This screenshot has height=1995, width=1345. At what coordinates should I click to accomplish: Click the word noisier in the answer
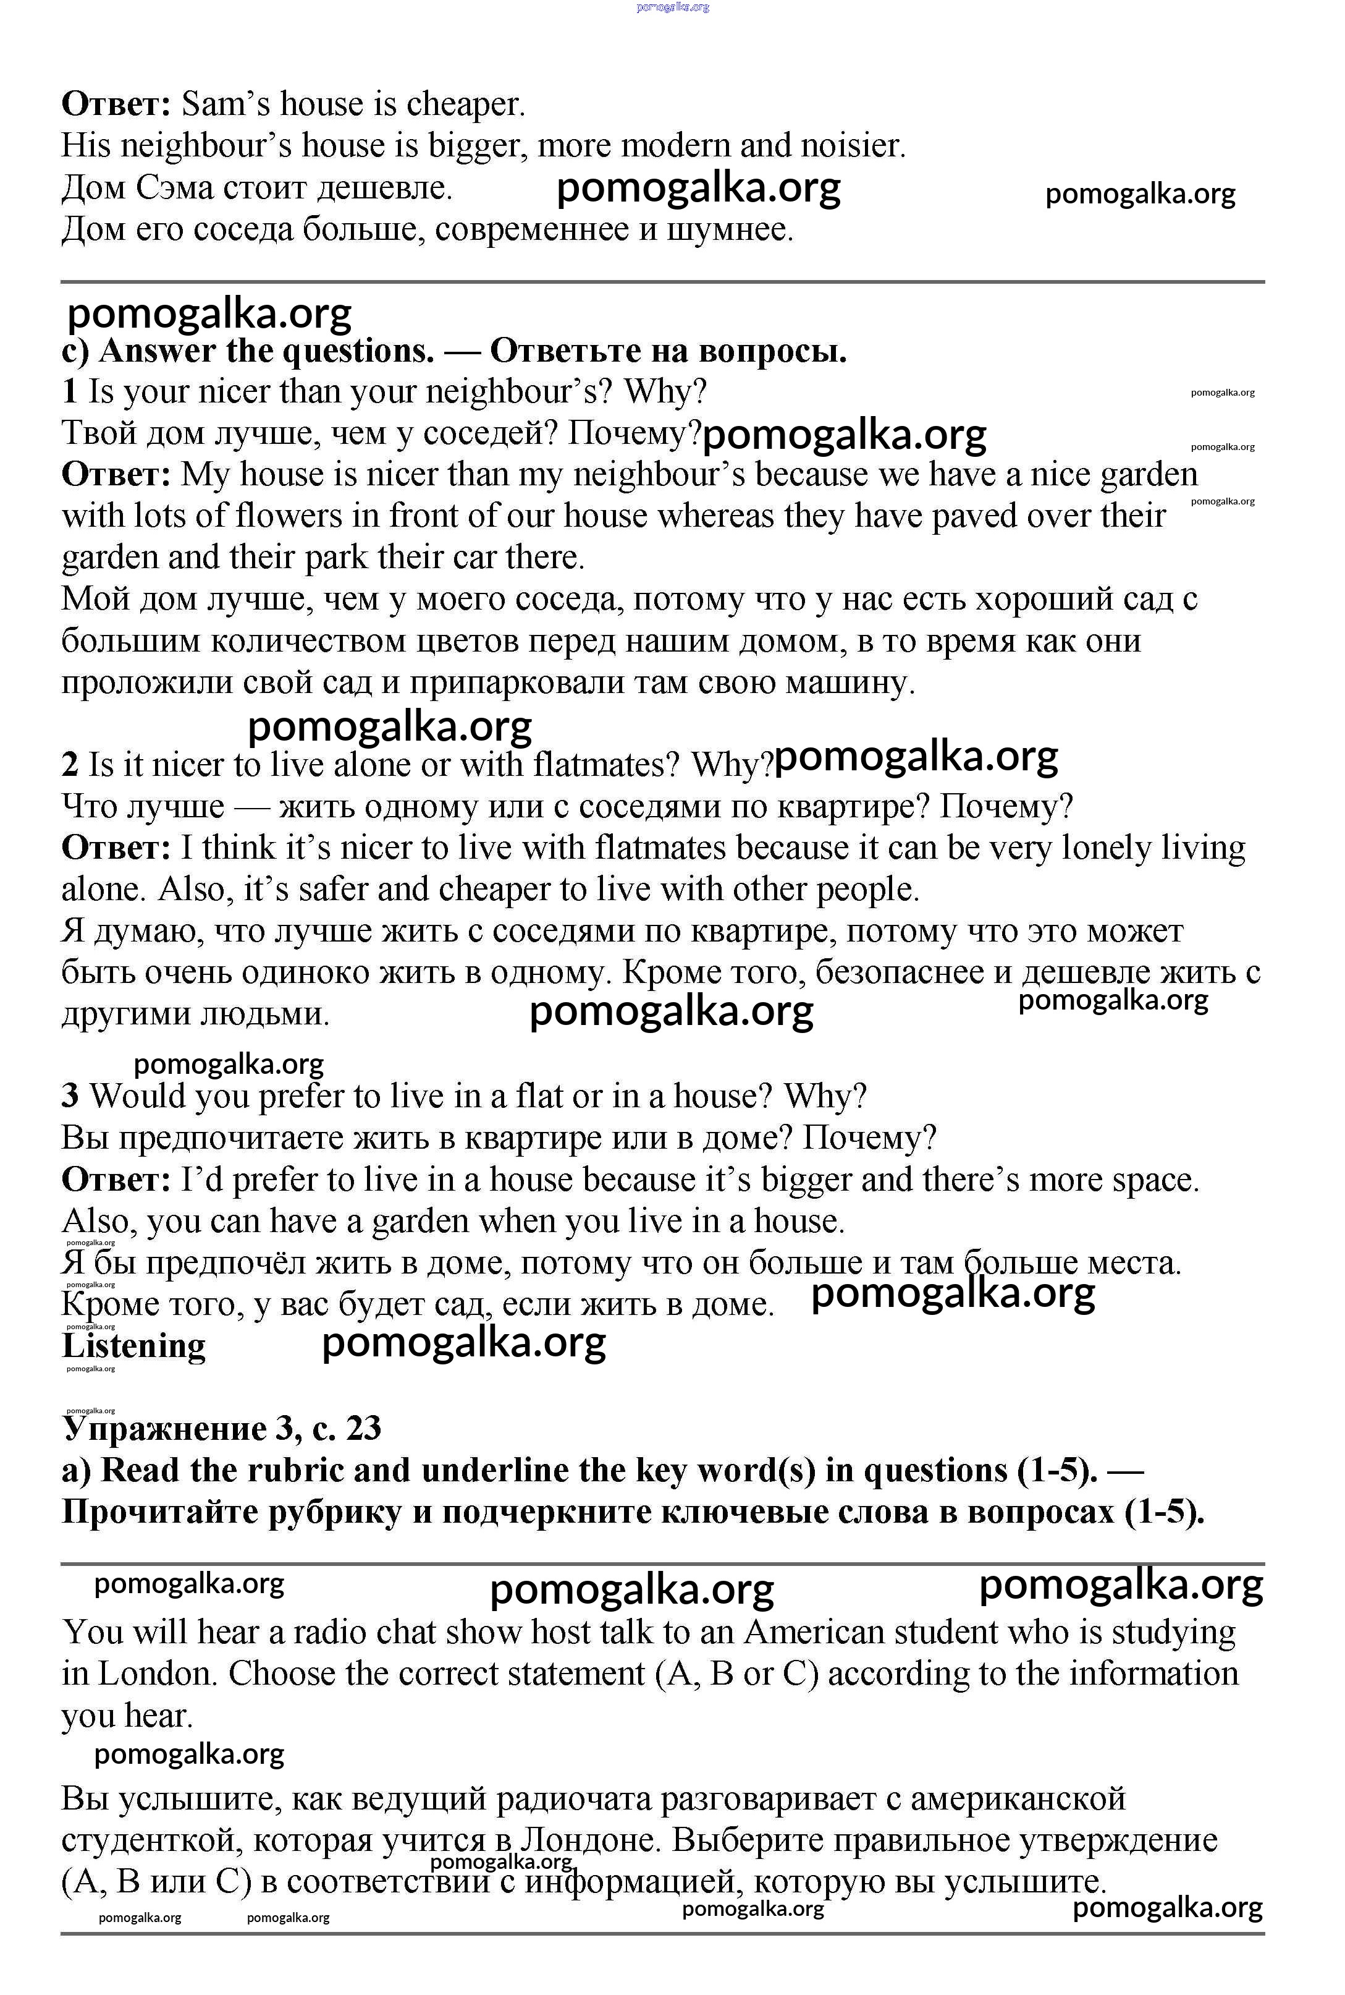[x=852, y=146]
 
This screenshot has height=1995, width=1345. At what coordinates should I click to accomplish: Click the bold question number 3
[x=70, y=1095]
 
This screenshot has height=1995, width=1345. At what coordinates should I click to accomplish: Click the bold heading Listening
[x=135, y=1345]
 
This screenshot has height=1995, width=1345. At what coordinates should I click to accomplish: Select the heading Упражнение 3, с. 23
[x=221, y=1429]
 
